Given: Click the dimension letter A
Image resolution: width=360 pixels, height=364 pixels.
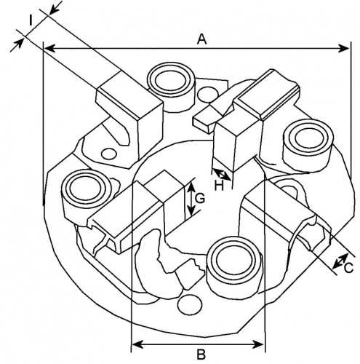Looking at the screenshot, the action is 202,39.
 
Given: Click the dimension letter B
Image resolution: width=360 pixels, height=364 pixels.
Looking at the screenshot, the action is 201,355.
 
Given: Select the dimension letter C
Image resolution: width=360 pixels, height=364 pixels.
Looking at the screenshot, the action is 348,268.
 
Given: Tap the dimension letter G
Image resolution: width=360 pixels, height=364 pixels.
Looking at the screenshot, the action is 200,198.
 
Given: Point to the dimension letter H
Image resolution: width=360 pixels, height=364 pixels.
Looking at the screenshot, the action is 219,186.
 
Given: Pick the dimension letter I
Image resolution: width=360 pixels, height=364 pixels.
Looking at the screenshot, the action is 31,21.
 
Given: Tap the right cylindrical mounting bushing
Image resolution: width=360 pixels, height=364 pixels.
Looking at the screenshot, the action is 308,145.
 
